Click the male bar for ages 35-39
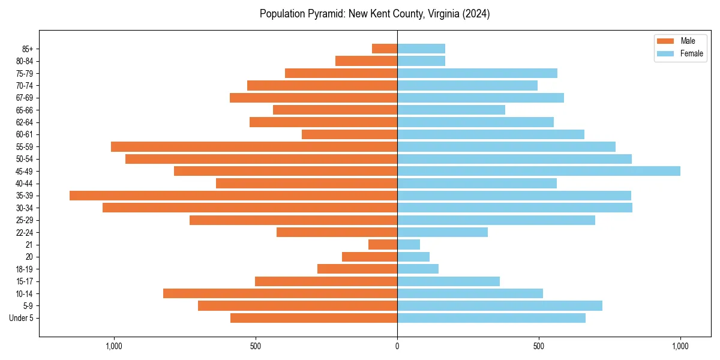(x=233, y=196)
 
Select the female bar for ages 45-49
(x=539, y=171)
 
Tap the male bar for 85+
(x=385, y=49)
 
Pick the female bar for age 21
(x=409, y=244)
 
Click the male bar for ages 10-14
(x=280, y=293)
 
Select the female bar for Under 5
(x=491, y=318)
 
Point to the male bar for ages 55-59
(x=254, y=146)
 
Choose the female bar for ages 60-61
(x=491, y=134)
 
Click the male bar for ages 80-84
(x=366, y=61)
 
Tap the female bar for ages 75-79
(x=477, y=73)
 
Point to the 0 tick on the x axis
(x=397, y=346)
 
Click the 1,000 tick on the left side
(x=113, y=346)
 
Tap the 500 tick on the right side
(x=539, y=346)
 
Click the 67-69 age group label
(x=25, y=98)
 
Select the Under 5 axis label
(x=21, y=318)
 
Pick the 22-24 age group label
(x=25, y=232)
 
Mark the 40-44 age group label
(x=25, y=184)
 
